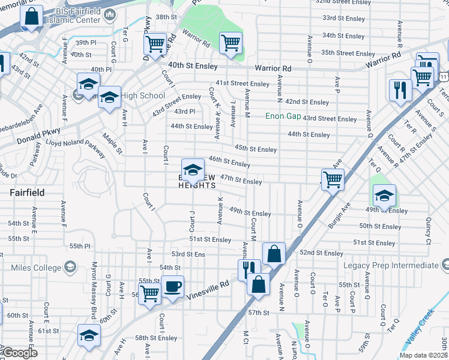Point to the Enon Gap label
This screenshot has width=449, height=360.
point(283,117)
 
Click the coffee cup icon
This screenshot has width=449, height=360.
point(172,287)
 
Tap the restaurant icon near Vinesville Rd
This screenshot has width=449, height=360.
point(249,269)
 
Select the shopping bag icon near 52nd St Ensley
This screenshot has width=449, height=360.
point(273,253)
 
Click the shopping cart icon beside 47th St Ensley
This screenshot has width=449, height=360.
point(332,179)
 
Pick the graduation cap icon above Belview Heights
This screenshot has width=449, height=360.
point(193,170)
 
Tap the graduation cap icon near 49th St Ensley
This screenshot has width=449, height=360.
point(384,196)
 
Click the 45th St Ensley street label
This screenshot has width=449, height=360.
point(256,149)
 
